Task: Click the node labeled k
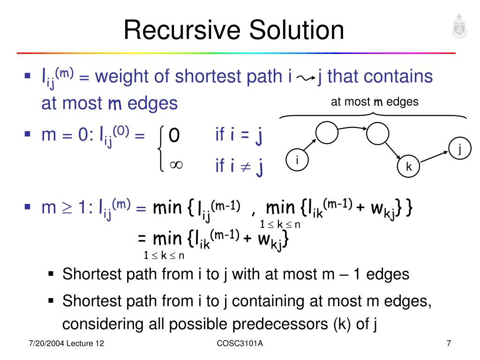pyautogui.click(x=409, y=166)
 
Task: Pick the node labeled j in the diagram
pyautogui.click(x=460, y=149)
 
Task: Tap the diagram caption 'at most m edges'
pyautogui.click(x=375, y=102)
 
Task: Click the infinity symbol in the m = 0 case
pyautogui.click(x=176, y=165)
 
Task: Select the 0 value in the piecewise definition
pyautogui.click(x=174, y=135)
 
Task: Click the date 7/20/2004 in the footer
pyautogui.click(x=45, y=344)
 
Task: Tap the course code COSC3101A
pyautogui.click(x=240, y=344)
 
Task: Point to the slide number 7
pyautogui.click(x=449, y=344)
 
